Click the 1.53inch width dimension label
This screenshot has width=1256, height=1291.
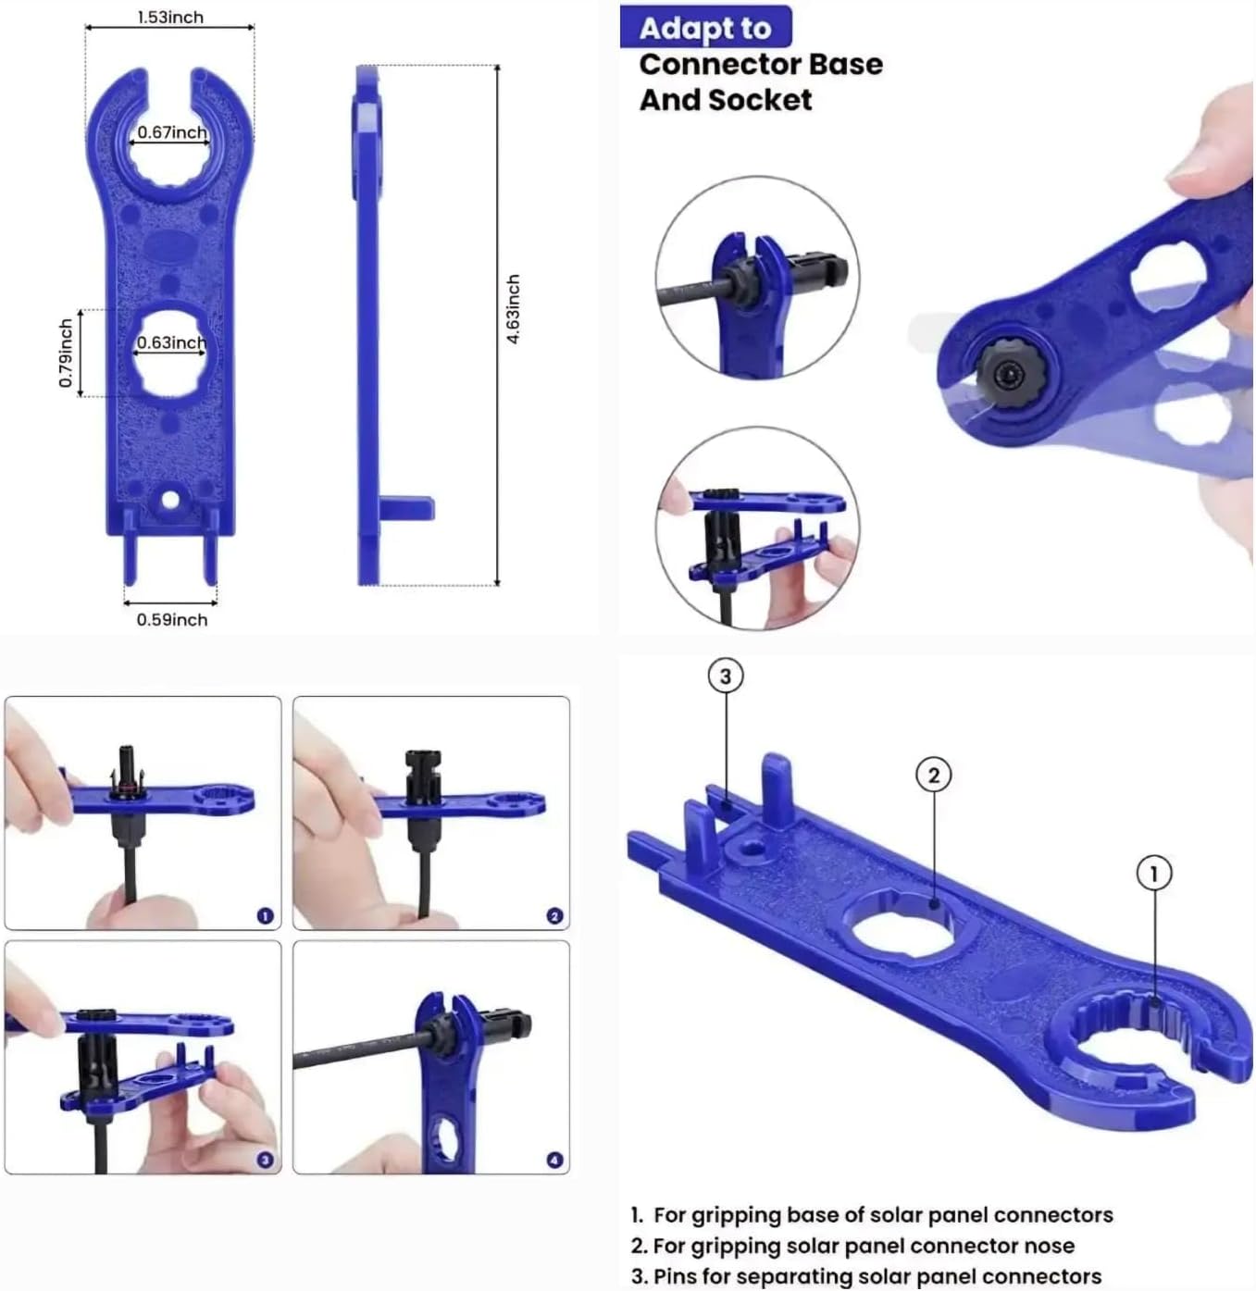pos(170,17)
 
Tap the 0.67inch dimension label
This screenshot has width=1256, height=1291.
pos(172,132)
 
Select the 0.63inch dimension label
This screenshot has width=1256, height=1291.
pos(171,342)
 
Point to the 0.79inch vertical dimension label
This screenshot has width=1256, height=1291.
pos(66,353)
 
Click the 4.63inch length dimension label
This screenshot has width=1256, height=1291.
pos(514,308)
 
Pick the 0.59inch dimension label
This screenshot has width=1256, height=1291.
pos(172,619)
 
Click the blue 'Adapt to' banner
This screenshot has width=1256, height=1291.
pos(705,28)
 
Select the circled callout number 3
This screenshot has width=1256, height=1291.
pos(726,677)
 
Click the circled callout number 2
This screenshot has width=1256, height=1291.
pos(933,775)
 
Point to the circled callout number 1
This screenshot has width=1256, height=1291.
pos(1153,873)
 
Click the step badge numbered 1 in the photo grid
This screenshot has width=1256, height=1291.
pos(265,915)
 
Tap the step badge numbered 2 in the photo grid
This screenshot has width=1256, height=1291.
pos(554,915)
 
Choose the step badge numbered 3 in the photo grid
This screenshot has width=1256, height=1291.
pos(265,1160)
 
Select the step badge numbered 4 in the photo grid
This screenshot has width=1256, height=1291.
pos(554,1160)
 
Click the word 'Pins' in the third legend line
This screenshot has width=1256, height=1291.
pos(675,1276)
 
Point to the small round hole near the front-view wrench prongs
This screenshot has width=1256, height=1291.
pos(170,501)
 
